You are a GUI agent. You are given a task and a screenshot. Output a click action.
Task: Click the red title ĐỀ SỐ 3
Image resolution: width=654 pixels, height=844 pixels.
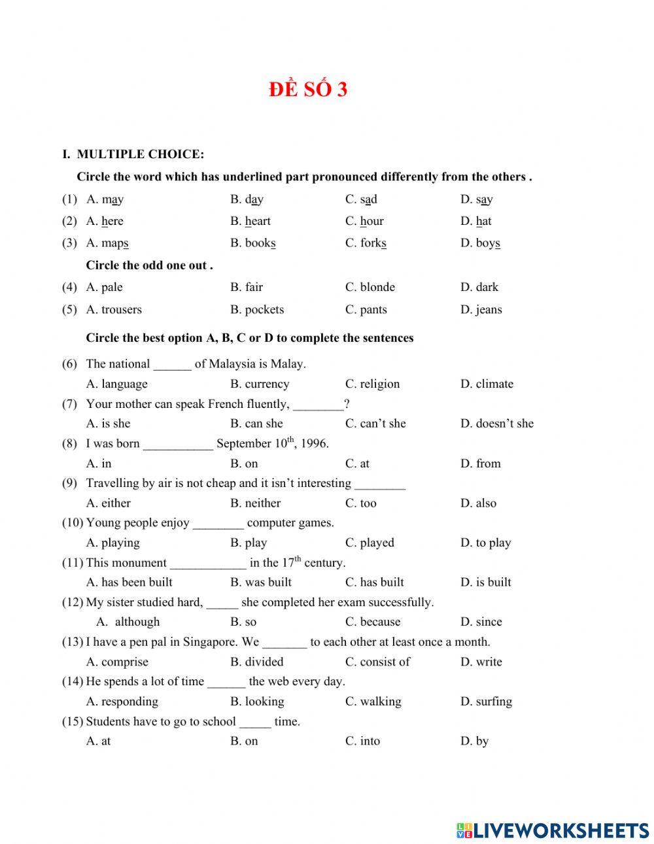click(307, 90)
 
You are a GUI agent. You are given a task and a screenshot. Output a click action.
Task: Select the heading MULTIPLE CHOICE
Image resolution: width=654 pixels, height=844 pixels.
click(140, 154)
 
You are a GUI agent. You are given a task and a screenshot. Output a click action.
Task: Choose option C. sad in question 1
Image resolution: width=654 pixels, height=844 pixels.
click(361, 199)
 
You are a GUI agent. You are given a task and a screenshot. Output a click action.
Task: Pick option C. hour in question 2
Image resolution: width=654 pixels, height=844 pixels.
click(364, 221)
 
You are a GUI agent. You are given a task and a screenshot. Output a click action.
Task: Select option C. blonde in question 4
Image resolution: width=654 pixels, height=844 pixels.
click(370, 287)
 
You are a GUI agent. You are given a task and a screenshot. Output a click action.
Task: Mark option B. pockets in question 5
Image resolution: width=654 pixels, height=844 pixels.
click(256, 309)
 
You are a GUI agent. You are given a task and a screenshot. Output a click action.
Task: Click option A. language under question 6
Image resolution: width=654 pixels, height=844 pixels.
click(116, 384)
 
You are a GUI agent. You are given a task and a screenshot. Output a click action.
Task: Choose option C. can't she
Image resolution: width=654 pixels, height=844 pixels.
click(375, 424)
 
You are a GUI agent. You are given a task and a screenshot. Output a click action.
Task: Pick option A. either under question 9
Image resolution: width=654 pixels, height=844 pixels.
click(108, 503)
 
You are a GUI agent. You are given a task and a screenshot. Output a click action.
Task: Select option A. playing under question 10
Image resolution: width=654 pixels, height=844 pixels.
click(112, 543)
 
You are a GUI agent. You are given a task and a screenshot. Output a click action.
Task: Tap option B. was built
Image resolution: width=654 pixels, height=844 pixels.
click(260, 582)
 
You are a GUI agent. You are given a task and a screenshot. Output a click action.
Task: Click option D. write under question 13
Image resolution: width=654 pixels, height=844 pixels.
click(481, 662)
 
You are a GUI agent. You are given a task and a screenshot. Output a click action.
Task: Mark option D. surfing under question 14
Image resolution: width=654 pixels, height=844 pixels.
click(486, 701)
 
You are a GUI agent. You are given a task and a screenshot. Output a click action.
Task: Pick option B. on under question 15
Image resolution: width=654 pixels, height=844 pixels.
click(244, 741)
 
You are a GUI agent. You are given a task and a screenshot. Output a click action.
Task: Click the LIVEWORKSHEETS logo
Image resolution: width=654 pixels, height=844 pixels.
click(553, 830)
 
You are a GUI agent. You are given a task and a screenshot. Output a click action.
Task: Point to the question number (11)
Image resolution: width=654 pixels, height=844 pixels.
click(73, 562)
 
